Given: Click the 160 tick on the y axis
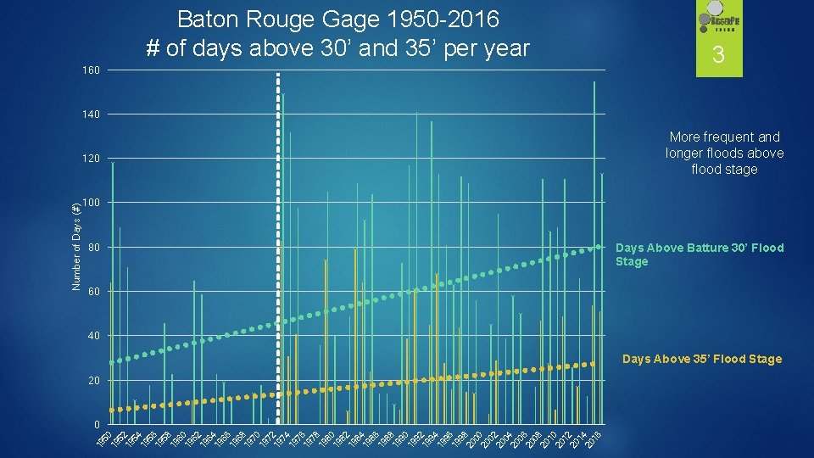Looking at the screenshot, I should point(92,70).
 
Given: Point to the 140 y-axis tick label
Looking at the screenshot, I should point(92,114).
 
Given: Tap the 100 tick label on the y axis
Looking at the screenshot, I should point(92,203).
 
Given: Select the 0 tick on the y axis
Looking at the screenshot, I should point(97,424).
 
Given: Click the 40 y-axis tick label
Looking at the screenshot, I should point(93,336).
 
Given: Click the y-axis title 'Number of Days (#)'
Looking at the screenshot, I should point(75,246).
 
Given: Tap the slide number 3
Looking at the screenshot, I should point(718,57).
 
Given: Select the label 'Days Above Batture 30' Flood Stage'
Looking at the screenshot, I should point(699,254).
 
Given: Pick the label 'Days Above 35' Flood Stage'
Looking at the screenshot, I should point(701,360).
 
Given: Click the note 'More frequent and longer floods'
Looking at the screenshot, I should point(724,153).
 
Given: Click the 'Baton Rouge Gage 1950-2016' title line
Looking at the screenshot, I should point(337,19).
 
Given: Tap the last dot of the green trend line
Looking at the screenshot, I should point(598,247).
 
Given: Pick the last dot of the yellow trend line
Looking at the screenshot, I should point(591,363).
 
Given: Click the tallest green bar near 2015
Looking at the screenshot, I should point(594,254).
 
